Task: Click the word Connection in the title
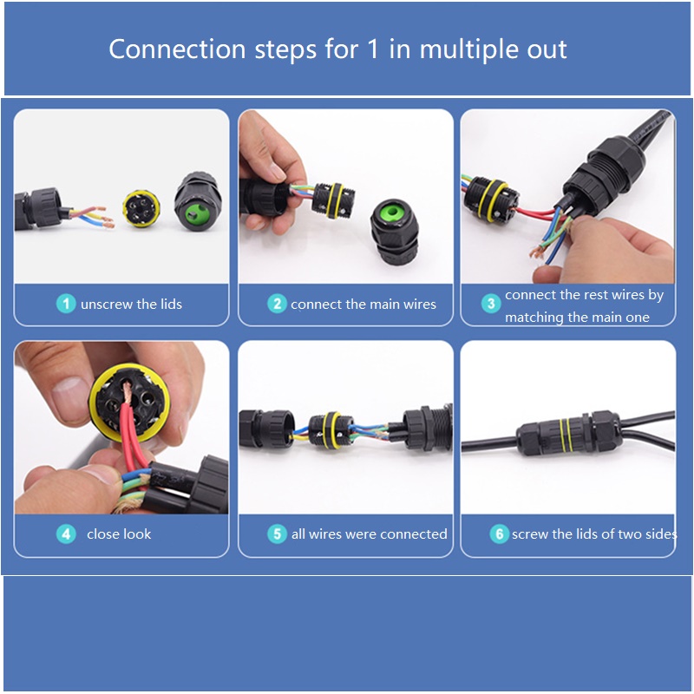click(177, 49)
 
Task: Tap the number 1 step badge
click(66, 304)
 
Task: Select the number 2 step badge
click(277, 304)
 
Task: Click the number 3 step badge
click(491, 303)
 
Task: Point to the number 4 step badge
click(66, 534)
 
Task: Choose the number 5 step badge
click(277, 534)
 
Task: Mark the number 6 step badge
click(500, 534)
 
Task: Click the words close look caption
click(119, 534)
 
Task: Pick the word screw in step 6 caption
click(530, 534)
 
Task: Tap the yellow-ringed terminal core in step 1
click(141, 208)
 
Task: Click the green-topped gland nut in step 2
click(393, 232)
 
